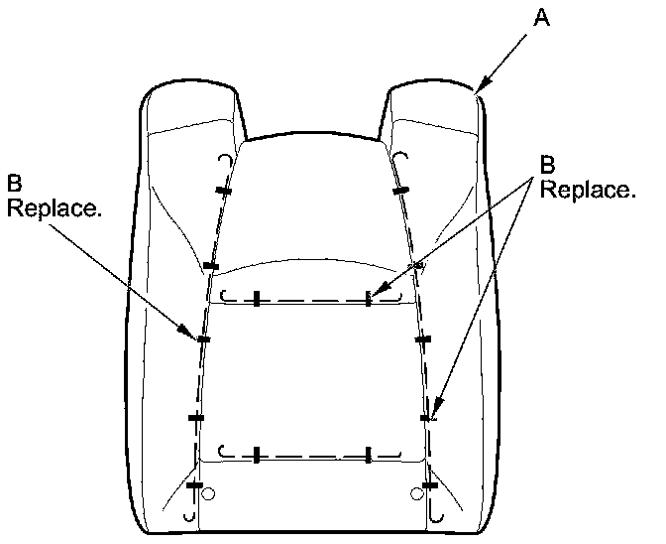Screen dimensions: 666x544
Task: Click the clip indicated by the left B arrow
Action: coord(203,340)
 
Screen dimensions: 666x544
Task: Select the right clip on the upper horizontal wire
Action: coord(368,298)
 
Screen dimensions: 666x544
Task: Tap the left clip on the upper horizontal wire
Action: coord(256,298)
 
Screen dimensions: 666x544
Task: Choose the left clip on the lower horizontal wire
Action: coord(256,455)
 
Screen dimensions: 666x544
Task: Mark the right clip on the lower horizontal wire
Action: coord(368,455)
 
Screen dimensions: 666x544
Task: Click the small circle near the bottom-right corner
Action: coord(416,491)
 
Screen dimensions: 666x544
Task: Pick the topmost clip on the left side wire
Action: coord(224,191)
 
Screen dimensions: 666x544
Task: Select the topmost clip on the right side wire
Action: coord(400,190)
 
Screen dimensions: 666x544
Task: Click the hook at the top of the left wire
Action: coord(225,161)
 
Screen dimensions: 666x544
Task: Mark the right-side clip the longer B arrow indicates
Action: coord(429,418)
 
